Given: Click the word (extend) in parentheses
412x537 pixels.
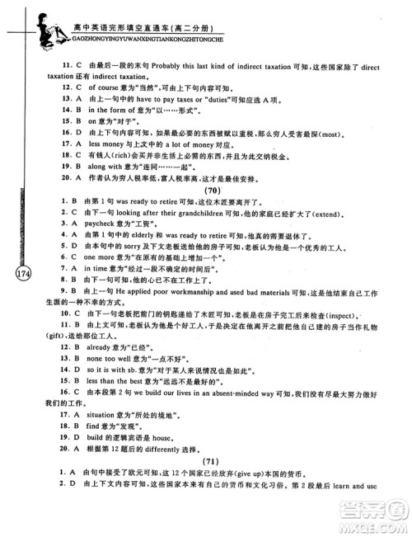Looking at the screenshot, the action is [322, 235].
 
